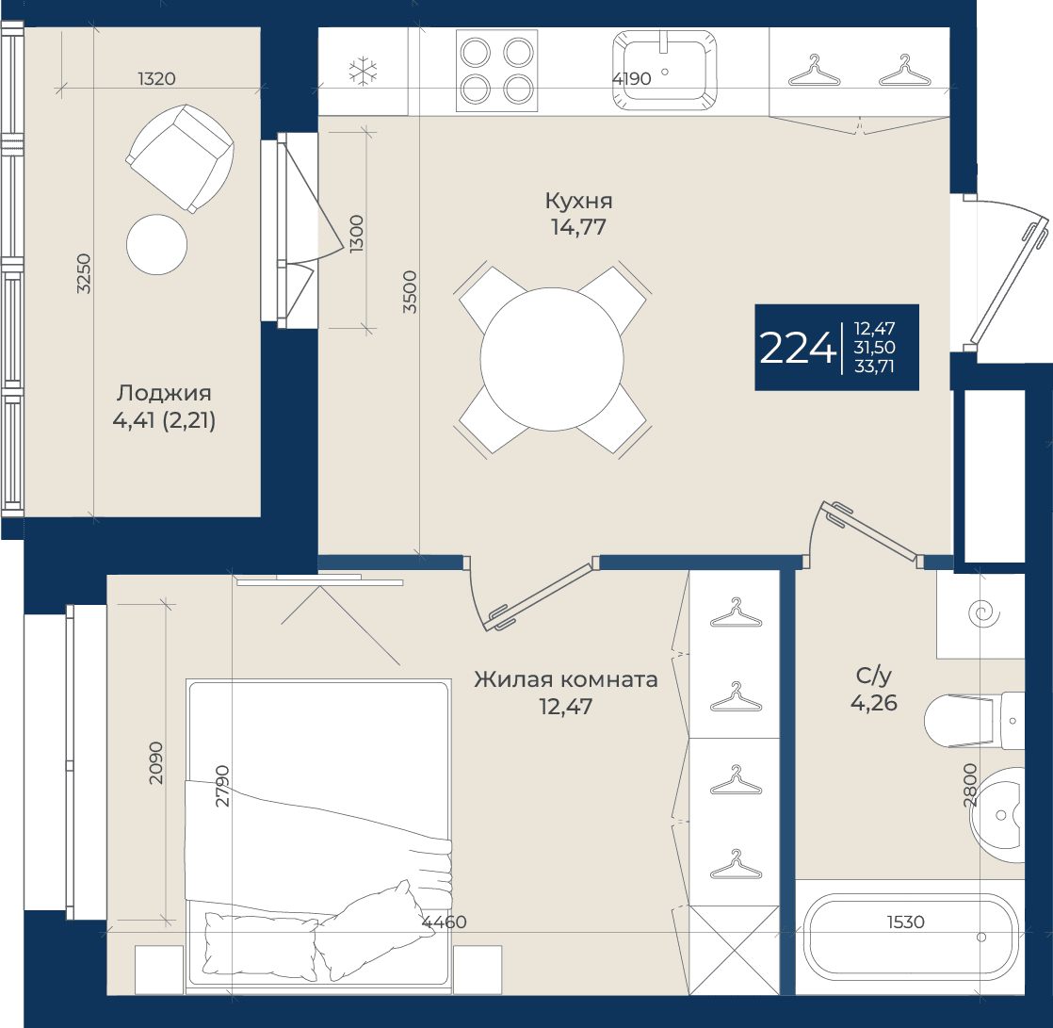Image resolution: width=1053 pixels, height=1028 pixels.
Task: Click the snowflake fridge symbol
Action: [x=364, y=72]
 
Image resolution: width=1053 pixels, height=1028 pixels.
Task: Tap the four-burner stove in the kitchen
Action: [x=497, y=70]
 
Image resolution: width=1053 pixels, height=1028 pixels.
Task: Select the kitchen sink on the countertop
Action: [x=664, y=70]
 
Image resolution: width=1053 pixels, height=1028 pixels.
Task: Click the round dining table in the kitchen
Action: [x=552, y=359]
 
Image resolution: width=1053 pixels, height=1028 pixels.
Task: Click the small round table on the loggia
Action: [x=156, y=245]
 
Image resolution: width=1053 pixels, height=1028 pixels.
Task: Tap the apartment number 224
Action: [x=797, y=348]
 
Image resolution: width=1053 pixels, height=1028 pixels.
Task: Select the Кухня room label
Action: [x=579, y=201]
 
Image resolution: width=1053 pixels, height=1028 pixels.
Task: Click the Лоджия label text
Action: [x=164, y=393]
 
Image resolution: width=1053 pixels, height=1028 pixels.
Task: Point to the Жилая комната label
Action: [x=565, y=679]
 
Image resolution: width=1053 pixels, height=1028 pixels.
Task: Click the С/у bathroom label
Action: [x=874, y=676]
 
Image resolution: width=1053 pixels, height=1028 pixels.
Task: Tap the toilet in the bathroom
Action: [x=974, y=721]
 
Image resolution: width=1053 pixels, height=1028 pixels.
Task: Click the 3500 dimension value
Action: [x=410, y=291]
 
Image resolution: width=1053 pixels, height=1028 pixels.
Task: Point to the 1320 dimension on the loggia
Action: [x=156, y=78]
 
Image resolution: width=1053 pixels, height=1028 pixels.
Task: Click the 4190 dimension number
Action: [x=631, y=78]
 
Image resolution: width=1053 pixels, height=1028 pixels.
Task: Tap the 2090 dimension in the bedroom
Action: [x=155, y=762]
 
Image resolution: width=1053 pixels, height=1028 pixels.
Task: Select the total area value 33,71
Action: [x=874, y=367]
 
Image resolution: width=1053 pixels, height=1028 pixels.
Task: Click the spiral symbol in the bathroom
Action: [x=984, y=612]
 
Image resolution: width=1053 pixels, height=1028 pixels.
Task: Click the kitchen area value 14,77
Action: [x=578, y=227]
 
